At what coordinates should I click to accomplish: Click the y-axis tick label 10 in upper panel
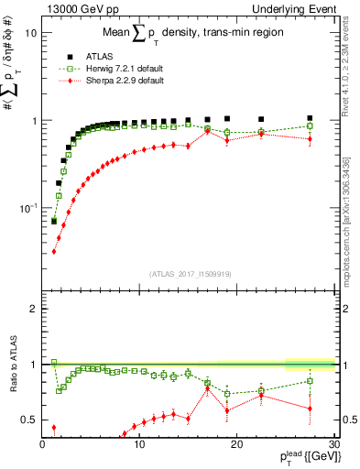[x=30, y=33]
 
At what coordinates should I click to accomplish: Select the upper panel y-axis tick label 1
[x=33, y=121]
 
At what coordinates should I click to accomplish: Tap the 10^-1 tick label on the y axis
[x=27, y=208]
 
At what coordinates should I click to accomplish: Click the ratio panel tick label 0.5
[x=29, y=420]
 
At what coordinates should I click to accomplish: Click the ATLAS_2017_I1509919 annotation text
[x=188, y=273]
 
